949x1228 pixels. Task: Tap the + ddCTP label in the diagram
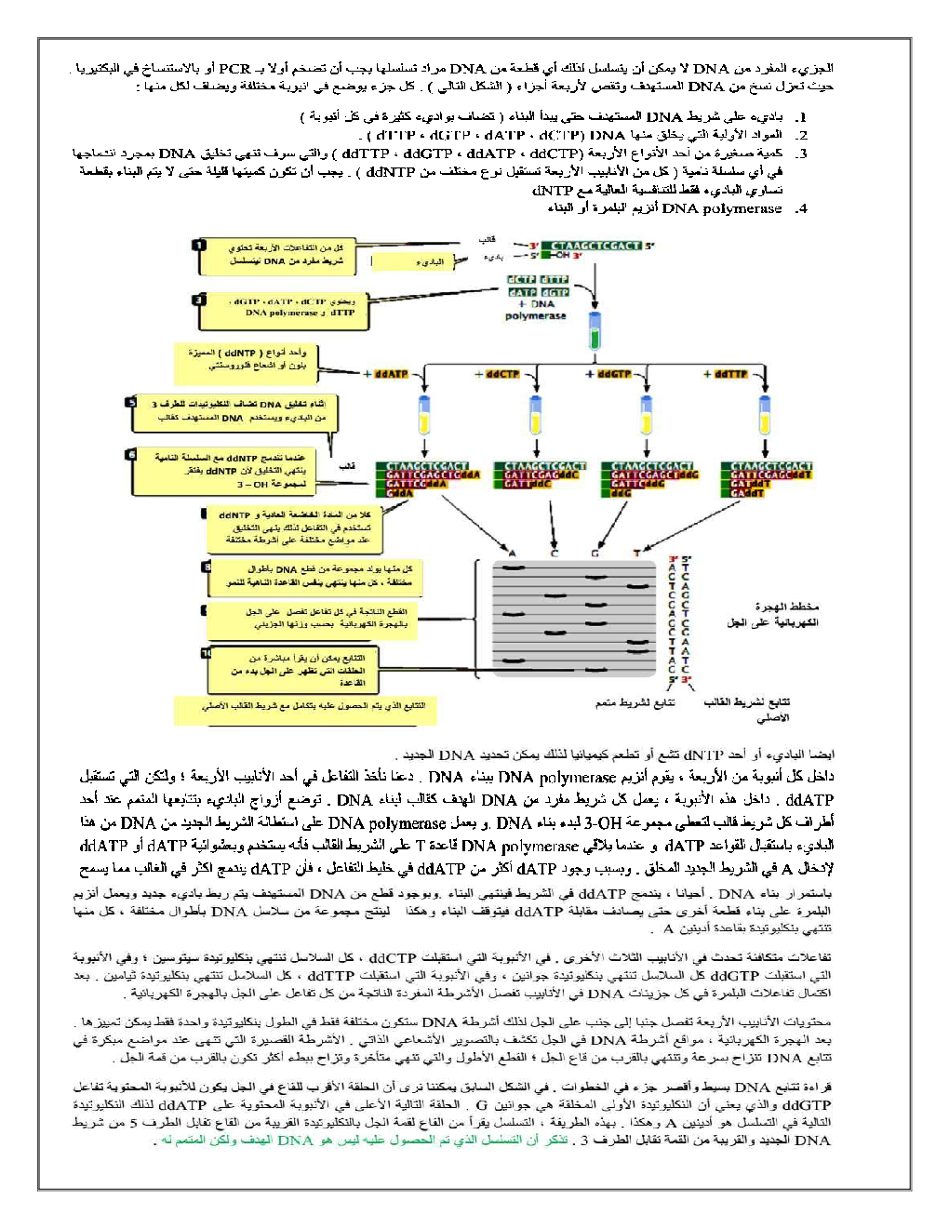[501, 374]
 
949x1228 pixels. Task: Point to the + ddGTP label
[612, 374]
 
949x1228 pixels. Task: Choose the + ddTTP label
[728, 374]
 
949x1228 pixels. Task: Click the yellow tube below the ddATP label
[424, 417]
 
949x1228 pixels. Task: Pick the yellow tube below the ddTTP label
[764, 417]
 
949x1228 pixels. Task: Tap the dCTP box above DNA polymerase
[521, 279]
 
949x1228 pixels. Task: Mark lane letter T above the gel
[636, 554]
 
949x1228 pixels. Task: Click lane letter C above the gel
[555, 554]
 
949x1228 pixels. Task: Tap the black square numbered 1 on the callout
[199, 246]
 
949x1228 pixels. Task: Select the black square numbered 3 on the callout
[199, 300]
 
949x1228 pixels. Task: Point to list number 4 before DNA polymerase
[801, 209]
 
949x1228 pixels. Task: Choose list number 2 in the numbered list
[801, 136]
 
